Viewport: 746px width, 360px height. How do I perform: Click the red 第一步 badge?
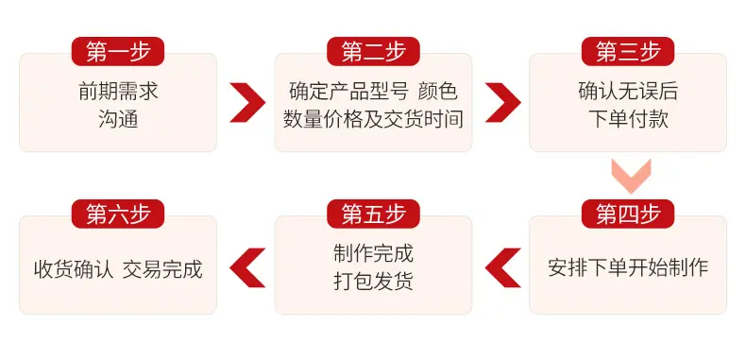coord(118,51)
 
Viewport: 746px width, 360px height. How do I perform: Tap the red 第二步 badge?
coord(374,51)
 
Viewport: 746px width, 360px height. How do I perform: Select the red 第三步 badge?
coord(628,51)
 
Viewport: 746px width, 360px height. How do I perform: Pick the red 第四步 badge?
coord(628,214)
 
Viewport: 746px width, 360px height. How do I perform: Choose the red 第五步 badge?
coord(374,214)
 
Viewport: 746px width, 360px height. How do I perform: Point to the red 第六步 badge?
coord(118,214)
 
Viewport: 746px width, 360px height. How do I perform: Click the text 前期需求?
coord(118,91)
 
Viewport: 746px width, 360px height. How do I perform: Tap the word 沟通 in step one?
coord(118,119)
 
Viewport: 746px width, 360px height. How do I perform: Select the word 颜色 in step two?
coord(438,91)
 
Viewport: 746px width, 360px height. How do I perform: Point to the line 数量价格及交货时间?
coord(374,119)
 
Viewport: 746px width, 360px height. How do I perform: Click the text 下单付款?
coord(628,119)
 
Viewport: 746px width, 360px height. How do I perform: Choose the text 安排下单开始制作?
coord(628,267)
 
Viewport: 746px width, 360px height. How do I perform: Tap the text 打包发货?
coord(374,282)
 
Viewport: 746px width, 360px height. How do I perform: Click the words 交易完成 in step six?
coord(162,269)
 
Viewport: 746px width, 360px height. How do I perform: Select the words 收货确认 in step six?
coord(74,269)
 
